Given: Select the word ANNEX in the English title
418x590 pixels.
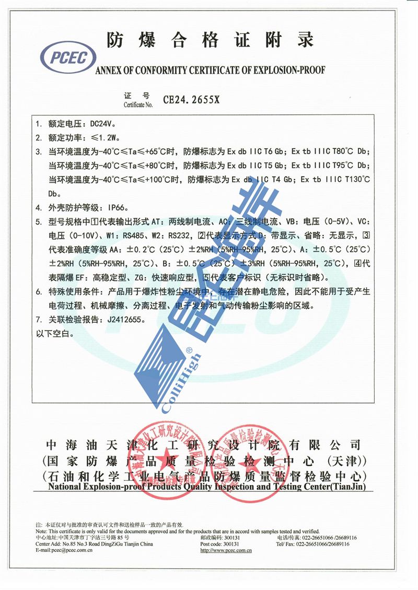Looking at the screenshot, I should point(112,70).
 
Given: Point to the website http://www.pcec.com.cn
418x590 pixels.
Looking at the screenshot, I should point(226,550).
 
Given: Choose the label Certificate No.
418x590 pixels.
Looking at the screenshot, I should point(138,105).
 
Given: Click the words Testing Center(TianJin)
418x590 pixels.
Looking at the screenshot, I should point(323,487).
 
